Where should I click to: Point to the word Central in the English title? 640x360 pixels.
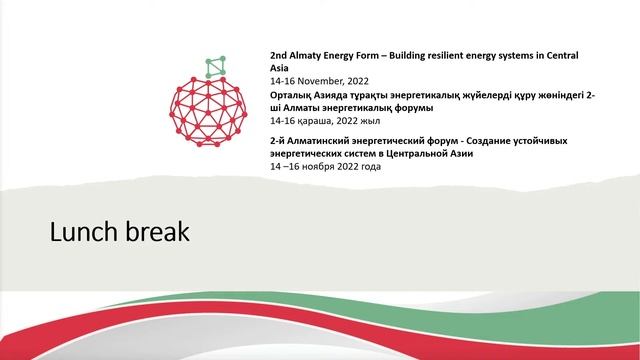tap(562, 52)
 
